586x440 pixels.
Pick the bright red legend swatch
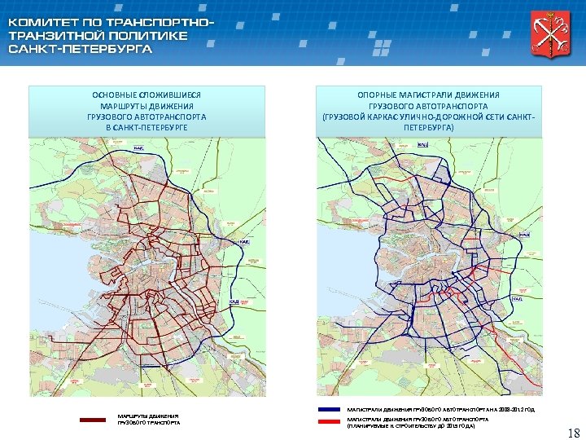(x=328, y=421)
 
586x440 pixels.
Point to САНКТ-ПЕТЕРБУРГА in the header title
(x=81, y=49)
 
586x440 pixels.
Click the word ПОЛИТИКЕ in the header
(x=149, y=35)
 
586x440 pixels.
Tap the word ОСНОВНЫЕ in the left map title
(x=115, y=95)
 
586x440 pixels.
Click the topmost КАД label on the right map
(x=422, y=144)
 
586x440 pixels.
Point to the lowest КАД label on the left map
(x=234, y=301)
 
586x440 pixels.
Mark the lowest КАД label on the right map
(x=516, y=299)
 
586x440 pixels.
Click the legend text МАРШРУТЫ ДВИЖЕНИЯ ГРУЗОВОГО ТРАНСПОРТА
(x=147, y=419)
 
